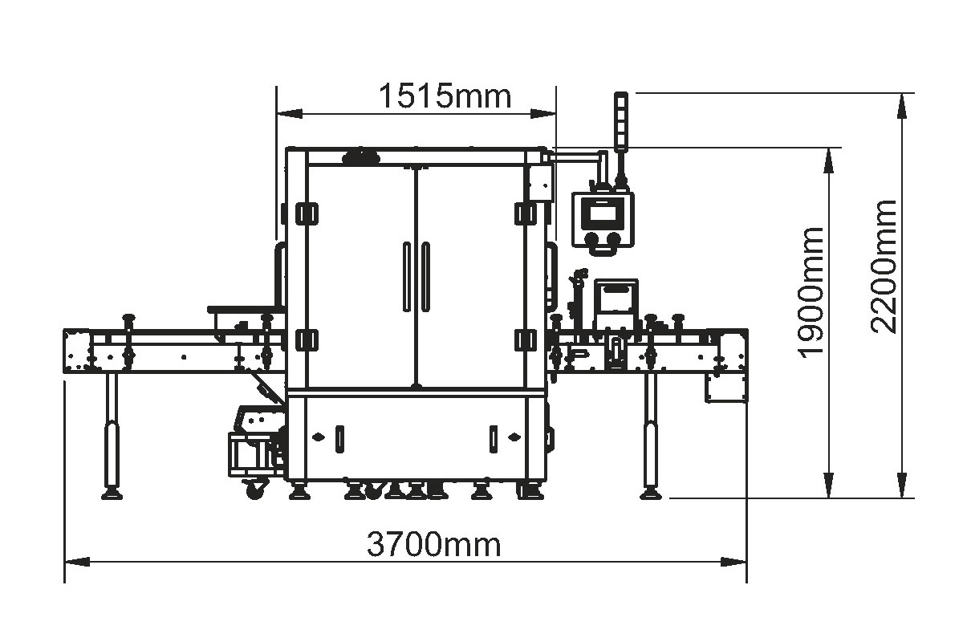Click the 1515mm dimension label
click(445, 96)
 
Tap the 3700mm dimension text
click(434, 544)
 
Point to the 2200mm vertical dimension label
click(884, 267)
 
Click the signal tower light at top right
click(621, 122)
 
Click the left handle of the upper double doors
click(407, 277)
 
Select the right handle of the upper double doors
click(425, 277)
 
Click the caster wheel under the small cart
click(255, 490)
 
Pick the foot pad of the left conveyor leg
click(112, 494)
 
